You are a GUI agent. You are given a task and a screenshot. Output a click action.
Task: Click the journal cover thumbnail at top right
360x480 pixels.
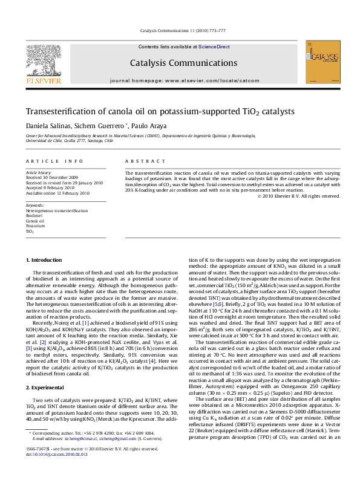(319, 62)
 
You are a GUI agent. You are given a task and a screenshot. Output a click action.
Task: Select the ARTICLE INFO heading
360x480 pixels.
(55, 161)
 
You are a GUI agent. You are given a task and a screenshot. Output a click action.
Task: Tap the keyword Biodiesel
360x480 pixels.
(34, 215)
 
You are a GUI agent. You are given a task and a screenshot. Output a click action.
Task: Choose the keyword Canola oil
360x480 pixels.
(35, 221)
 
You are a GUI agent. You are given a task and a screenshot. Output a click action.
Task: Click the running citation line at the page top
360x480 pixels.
(183, 30)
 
